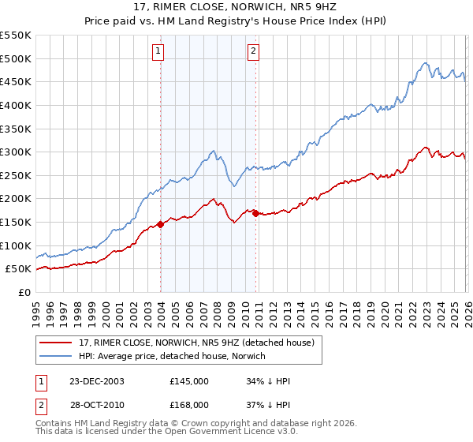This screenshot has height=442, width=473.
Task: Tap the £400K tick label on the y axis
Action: (x=15, y=105)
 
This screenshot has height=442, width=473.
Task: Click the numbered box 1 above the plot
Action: (x=158, y=52)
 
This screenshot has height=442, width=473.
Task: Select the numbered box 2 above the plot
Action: (x=253, y=52)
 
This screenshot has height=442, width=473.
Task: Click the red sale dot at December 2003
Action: (x=160, y=224)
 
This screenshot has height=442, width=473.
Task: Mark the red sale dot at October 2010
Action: (x=256, y=213)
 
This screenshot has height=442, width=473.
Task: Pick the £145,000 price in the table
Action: (x=189, y=381)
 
